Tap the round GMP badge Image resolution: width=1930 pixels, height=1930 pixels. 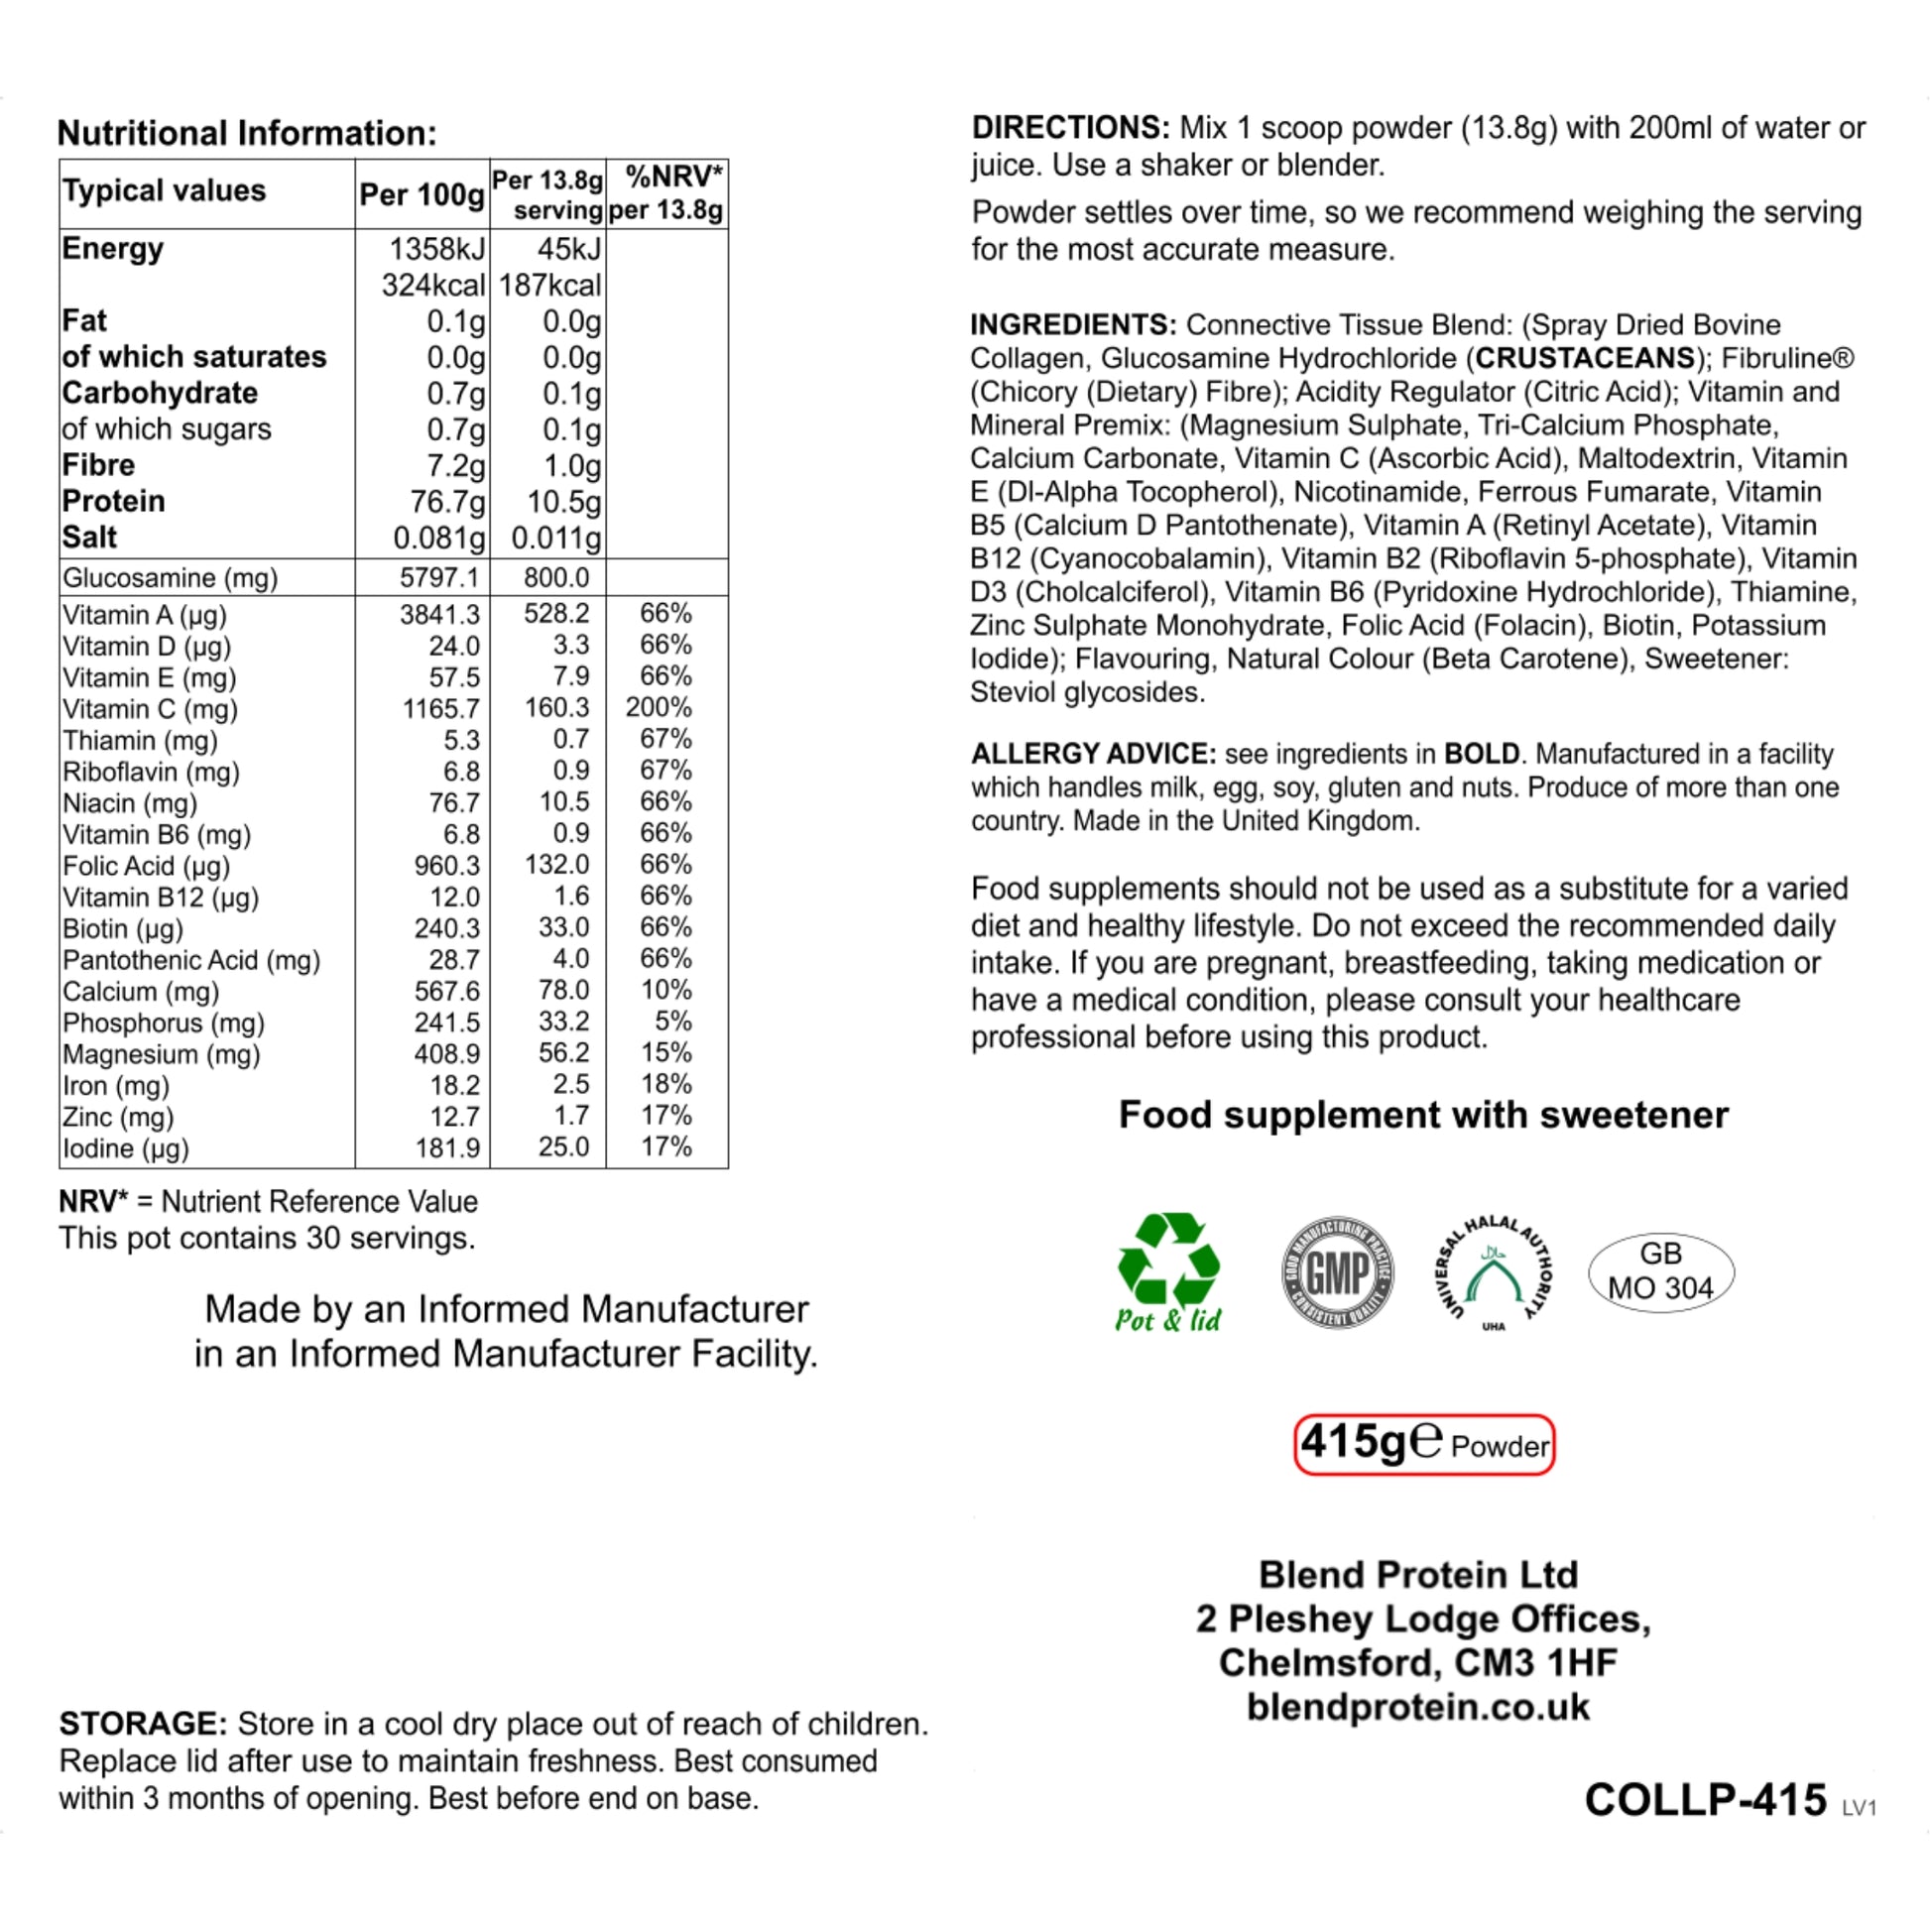(x=1338, y=1271)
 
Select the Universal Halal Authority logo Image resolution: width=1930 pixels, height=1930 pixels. (x=1494, y=1271)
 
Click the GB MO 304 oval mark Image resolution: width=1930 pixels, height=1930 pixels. (x=1660, y=1271)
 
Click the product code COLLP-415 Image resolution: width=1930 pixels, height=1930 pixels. (x=1705, y=1799)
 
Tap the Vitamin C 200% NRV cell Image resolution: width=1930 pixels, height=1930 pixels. (x=659, y=707)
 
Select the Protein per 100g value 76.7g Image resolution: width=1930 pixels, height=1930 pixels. (x=447, y=502)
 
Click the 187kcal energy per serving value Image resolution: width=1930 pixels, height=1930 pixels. (x=549, y=286)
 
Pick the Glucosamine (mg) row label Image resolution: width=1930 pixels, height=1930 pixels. (x=170, y=577)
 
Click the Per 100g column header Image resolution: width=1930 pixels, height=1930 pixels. (x=422, y=193)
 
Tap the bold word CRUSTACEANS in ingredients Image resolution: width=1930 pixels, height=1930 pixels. (x=1585, y=358)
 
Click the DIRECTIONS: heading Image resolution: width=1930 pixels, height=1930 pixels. (x=1070, y=128)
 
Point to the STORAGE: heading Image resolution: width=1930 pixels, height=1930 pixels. (x=144, y=1724)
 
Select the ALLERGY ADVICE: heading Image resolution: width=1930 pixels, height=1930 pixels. (x=1093, y=753)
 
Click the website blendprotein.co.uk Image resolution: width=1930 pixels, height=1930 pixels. (x=1417, y=1706)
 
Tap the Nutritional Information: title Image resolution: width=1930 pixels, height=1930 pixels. (x=247, y=133)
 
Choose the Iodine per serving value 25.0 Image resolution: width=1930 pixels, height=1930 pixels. (x=563, y=1146)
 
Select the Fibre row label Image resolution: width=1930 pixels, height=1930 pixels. (x=98, y=464)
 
